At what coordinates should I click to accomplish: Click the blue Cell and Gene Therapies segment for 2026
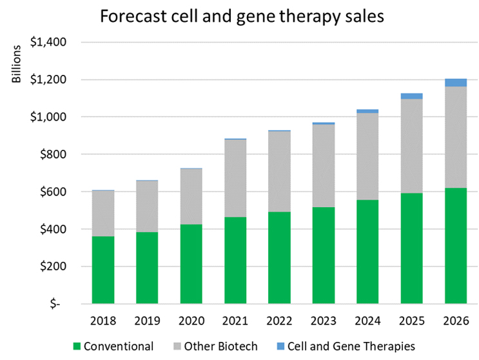pos(455,83)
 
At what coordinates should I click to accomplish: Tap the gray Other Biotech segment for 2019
pos(146,206)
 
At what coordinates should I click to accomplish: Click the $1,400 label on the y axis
pos(54,43)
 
